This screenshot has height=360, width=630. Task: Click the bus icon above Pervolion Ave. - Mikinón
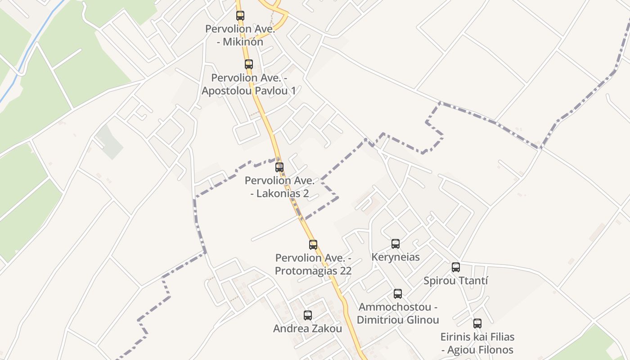pyautogui.click(x=240, y=16)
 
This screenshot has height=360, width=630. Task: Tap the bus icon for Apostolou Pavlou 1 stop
pyautogui.click(x=249, y=64)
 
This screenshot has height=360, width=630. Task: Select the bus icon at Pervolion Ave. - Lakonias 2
pyautogui.click(x=279, y=167)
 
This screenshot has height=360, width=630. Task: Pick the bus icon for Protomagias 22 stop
pyautogui.click(x=313, y=245)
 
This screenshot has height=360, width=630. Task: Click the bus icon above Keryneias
pyautogui.click(x=396, y=244)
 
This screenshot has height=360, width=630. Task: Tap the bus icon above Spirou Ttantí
pyautogui.click(x=456, y=267)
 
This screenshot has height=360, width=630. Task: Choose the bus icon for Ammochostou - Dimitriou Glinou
pyautogui.click(x=398, y=294)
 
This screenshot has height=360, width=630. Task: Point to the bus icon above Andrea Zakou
pyautogui.click(x=308, y=315)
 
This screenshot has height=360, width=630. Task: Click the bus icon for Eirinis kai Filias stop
pyautogui.click(x=477, y=323)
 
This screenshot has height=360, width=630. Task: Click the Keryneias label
pyautogui.click(x=396, y=257)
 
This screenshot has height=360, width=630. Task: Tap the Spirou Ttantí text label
pyautogui.click(x=456, y=281)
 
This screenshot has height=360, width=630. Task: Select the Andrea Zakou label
pyautogui.click(x=308, y=329)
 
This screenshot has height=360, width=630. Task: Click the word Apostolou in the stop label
pyautogui.click(x=227, y=90)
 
